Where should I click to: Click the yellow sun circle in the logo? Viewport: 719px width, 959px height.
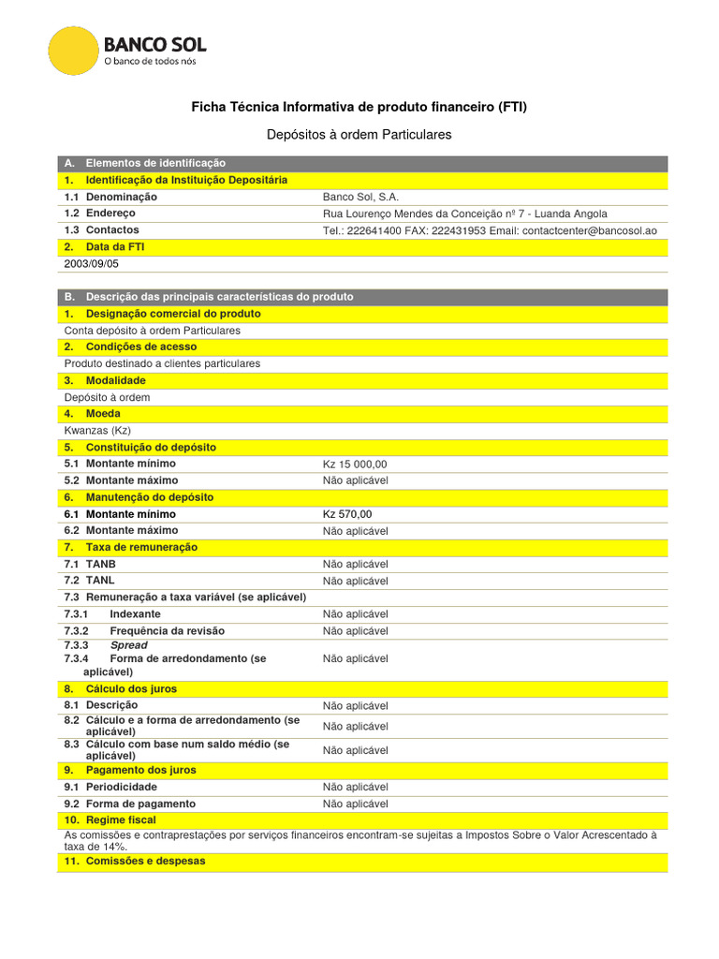[x=73, y=52]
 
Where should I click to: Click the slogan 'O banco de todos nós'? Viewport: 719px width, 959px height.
[x=150, y=61]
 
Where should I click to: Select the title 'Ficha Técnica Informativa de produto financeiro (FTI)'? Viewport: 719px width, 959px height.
[x=359, y=108]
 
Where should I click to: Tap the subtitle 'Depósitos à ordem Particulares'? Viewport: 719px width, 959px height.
[x=359, y=135]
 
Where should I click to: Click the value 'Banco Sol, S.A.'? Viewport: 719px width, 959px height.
[x=360, y=197]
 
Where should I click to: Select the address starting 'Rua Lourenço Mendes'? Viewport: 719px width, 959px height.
[x=464, y=214]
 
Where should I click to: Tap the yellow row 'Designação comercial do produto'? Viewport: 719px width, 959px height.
[x=173, y=314]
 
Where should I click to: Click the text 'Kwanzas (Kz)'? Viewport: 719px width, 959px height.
[x=97, y=430]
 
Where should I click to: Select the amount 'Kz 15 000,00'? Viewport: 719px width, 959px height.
[x=355, y=464]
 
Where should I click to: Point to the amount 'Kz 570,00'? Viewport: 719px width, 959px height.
[x=347, y=514]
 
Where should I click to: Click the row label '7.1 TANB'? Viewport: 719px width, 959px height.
[x=90, y=564]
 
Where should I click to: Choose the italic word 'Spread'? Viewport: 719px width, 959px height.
[x=128, y=645]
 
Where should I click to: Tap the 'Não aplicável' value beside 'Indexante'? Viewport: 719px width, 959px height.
[x=355, y=614]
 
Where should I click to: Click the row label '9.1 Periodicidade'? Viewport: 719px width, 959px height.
[x=110, y=787]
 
